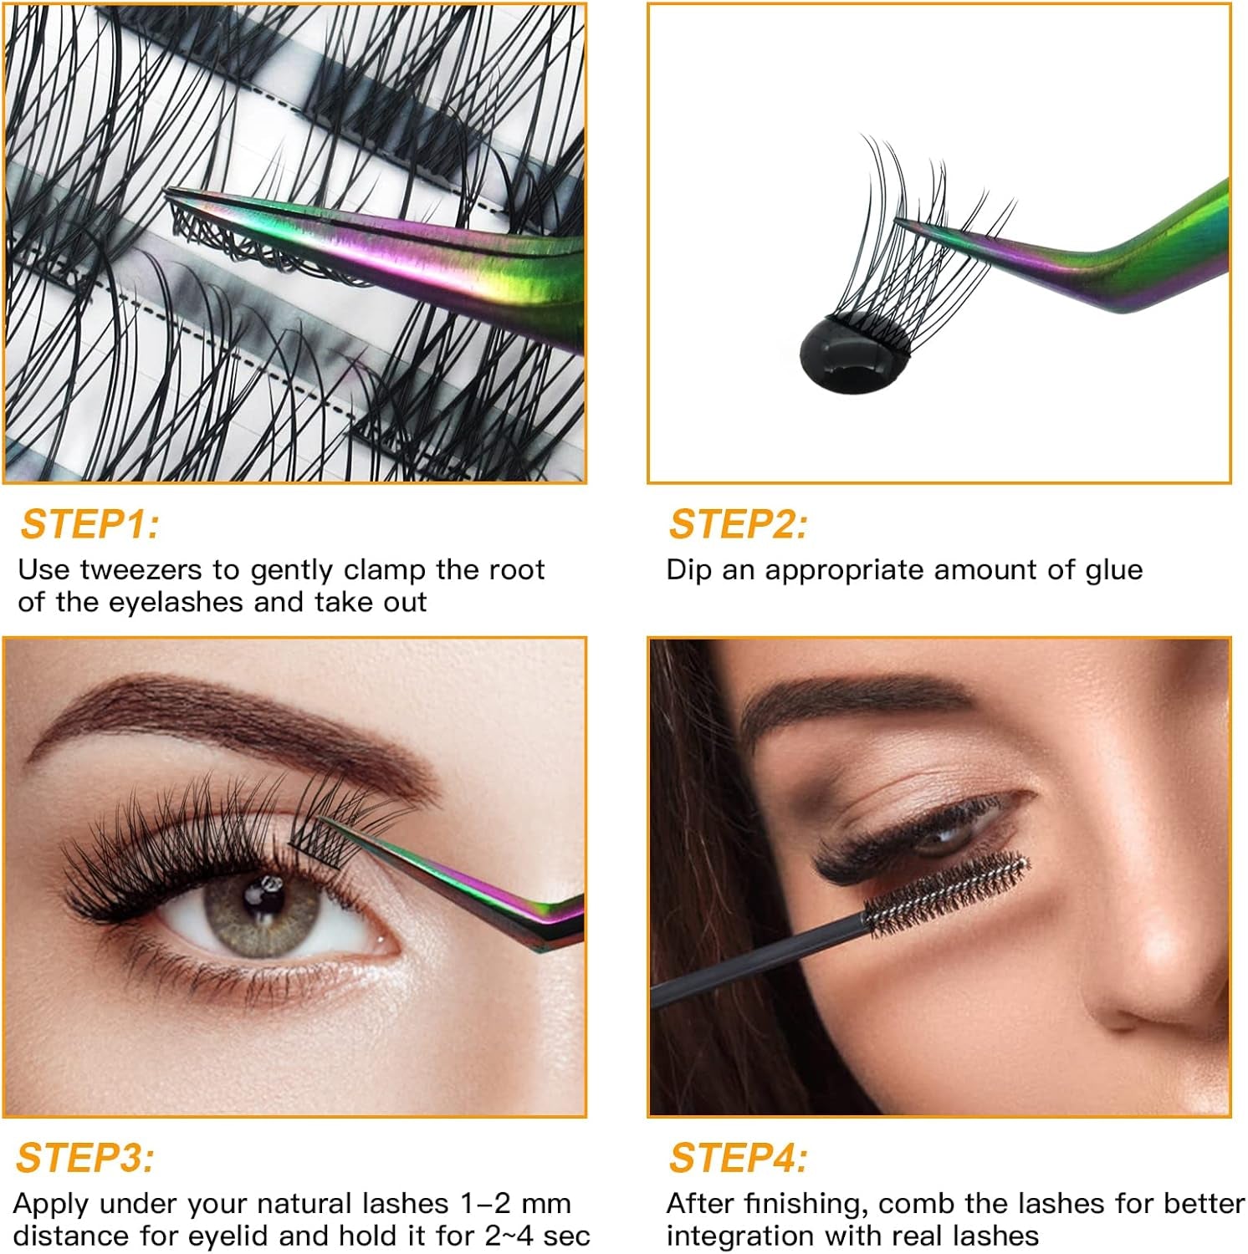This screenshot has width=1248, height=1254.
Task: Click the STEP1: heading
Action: click(x=90, y=525)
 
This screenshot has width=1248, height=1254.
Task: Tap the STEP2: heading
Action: click(x=738, y=525)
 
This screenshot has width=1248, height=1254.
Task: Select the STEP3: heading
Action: click(x=85, y=1159)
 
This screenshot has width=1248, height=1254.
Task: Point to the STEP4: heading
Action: click(x=738, y=1159)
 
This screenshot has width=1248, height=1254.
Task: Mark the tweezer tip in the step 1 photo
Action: click(x=172, y=196)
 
